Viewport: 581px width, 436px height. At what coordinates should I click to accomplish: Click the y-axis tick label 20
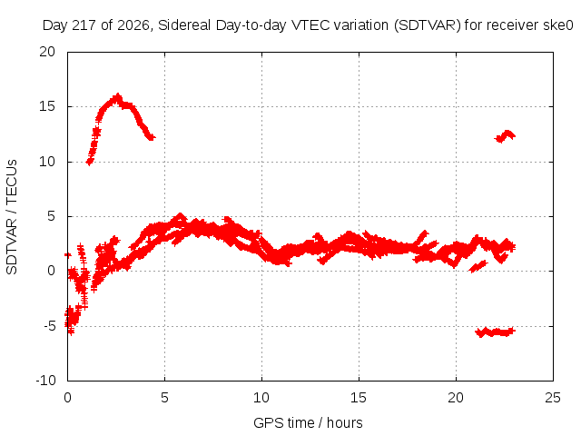tap(47, 52)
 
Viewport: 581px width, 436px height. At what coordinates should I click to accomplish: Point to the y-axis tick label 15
tap(47, 106)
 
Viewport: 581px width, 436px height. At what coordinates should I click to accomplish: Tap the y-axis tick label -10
tap(45, 381)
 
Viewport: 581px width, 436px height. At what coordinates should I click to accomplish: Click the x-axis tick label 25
tap(553, 398)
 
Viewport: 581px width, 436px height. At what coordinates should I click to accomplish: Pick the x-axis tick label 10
tap(261, 398)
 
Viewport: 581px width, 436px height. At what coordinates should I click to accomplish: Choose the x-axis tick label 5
tap(164, 398)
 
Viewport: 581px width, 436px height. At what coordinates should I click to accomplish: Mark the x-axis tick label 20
tap(456, 398)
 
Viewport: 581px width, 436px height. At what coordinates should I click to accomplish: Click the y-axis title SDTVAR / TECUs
tap(12, 217)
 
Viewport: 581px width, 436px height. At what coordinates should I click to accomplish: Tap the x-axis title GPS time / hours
tap(308, 423)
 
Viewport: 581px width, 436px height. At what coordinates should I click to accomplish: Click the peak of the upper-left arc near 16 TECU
tap(118, 96)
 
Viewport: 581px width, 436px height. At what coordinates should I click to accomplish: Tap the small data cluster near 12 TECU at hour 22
tap(505, 136)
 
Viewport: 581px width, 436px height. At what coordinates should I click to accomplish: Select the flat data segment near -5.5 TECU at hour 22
tap(496, 332)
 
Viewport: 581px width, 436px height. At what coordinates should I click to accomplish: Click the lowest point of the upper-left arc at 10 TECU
tap(89, 162)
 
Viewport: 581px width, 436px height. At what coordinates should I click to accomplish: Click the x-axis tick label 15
tap(359, 398)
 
